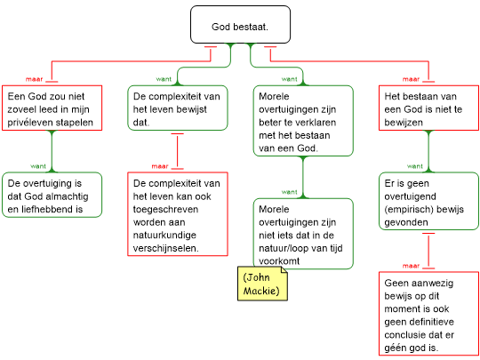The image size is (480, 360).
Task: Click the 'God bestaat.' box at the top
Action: [240, 25]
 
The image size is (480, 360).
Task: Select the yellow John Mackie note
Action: [262, 284]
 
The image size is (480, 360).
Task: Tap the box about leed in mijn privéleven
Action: [52, 108]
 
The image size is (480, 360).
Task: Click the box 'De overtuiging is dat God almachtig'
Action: [52, 195]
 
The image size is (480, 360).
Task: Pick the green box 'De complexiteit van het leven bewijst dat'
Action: [178, 108]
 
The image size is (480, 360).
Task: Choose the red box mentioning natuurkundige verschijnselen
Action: [178, 214]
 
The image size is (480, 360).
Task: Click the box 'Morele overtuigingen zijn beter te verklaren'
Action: [303, 121]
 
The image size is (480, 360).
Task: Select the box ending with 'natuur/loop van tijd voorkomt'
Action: [303, 234]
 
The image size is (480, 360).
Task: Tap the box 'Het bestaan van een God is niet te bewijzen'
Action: [428, 108]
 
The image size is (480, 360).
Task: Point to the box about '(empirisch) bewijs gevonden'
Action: [428, 201]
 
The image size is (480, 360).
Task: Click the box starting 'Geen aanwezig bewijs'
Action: [428, 314]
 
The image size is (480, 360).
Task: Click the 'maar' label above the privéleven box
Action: [35, 79]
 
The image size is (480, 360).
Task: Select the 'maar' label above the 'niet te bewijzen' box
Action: [412, 79]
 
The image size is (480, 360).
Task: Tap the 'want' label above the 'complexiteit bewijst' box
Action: [164, 79]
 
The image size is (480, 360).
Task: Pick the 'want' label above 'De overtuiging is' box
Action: [38, 166]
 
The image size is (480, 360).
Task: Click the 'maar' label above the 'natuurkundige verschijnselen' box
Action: [160, 166]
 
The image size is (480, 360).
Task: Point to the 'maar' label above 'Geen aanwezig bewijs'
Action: [412, 266]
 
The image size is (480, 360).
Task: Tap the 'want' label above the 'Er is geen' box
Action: [415, 166]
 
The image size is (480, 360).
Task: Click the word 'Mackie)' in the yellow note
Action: [261, 291]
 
